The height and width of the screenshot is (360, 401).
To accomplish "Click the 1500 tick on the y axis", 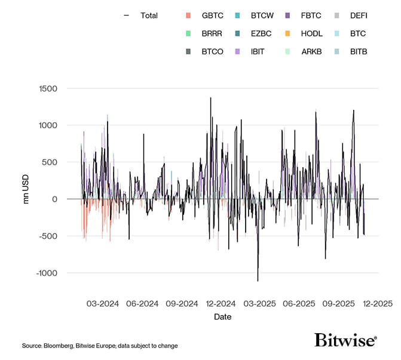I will pos(47,89).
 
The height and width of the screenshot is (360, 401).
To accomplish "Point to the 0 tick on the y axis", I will pos(54,199).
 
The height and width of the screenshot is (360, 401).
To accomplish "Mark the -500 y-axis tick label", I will pos(47,236).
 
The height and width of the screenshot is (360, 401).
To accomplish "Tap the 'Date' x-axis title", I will pos(223,317).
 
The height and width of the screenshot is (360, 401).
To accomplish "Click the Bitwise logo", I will pos(345,341).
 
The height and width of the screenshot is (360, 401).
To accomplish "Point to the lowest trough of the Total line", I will pos(258,281).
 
